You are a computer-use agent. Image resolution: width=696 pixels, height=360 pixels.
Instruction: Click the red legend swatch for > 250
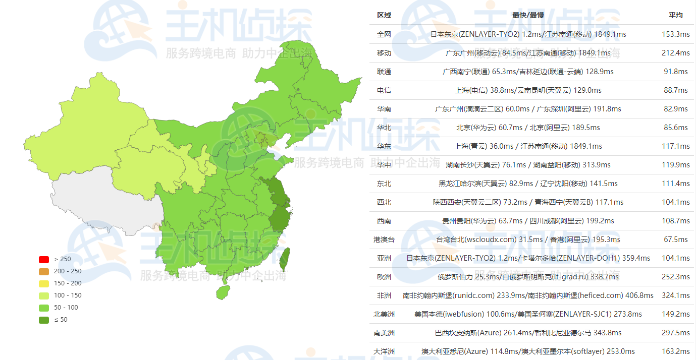click(x=44, y=259)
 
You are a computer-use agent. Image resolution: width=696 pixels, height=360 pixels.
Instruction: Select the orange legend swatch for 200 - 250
click(x=44, y=271)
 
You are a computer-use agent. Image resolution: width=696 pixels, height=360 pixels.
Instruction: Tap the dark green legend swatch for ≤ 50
click(x=44, y=320)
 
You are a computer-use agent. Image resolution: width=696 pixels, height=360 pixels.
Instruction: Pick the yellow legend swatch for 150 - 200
click(x=44, y=283)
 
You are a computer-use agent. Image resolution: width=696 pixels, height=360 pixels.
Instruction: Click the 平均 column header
click(x=676, y=15)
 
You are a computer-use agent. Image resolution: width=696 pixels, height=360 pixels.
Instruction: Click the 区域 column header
click(x=384, y=15)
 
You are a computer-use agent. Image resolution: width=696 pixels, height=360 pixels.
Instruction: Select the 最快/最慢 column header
click(x=528, y=15)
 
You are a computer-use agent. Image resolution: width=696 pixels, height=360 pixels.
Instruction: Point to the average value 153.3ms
click(x=676, y=34)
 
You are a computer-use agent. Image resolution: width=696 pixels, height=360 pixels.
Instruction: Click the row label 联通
click(x=384, y=72)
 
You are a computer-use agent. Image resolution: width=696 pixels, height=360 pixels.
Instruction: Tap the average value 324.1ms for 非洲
click(x=676, y=295)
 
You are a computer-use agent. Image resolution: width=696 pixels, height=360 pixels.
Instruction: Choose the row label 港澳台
click(x=384, y=239)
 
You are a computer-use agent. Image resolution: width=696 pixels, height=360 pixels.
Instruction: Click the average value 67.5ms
click(x=676, y=239)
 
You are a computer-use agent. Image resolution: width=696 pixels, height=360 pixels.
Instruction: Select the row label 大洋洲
click(x=384, y=351)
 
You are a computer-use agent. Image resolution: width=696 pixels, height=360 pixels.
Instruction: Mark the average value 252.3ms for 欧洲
click(x=676, y=277)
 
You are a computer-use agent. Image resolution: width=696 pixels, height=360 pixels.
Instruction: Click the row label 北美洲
click(x=384, y=314)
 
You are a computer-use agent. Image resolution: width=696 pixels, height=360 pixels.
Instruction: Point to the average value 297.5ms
click(x=676, y=333)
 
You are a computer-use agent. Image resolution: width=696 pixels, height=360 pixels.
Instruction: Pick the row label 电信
click(x=384, y=90)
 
